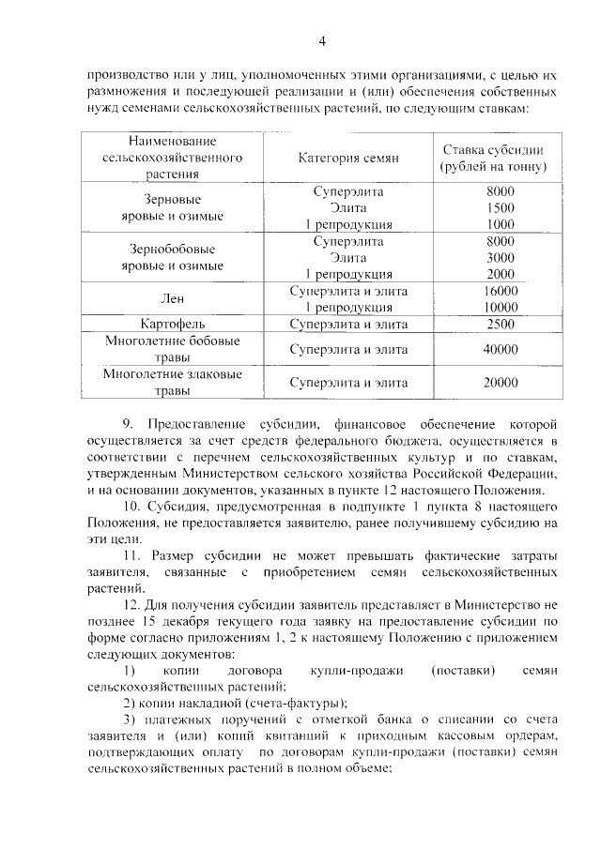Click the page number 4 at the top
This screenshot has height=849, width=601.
tap(322, 40)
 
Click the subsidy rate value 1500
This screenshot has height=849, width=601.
tap(501, 207)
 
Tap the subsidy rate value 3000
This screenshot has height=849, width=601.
tap(501, 257)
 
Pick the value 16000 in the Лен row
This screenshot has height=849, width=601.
tap(501, 291)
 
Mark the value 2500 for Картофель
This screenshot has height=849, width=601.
tap(501, 324)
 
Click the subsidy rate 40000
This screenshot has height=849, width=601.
tap(501, 349)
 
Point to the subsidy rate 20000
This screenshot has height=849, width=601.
tap(501, 382)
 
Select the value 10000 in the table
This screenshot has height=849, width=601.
tap(501, 307)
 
